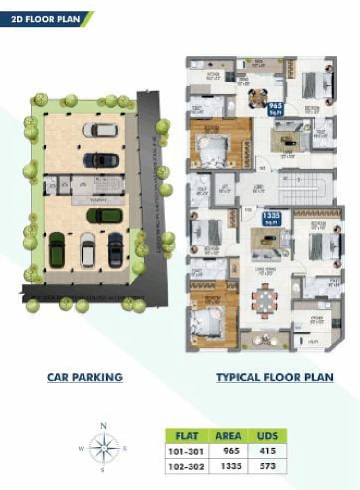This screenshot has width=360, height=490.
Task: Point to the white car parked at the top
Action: [x=100, y=130]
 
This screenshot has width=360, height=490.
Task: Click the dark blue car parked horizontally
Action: [x=100, y=159]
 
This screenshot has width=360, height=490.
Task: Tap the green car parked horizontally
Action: [x=104, y=216]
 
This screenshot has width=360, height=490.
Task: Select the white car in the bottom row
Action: [x=87, y=250]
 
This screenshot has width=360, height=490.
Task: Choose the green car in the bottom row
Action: [x=57, y=249]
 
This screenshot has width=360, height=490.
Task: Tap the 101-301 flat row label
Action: [x=187, y=452]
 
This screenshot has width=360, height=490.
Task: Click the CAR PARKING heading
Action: [x=84, y=377]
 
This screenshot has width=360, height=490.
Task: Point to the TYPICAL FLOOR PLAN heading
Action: [x=275, y=377]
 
